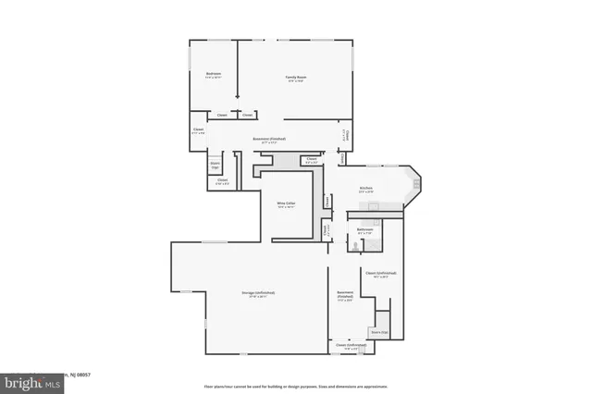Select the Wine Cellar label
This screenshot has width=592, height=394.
(x=286, y=203)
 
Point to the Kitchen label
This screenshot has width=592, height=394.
(x=366, y=189)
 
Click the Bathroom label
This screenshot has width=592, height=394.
(x=364, y=230)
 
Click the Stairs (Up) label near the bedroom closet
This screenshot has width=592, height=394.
(x=215, y=166)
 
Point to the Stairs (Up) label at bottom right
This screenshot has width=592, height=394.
(x=379, y=331)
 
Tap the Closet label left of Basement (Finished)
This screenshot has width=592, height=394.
(x=198, y=130)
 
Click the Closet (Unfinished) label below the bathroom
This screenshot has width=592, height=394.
(x=381, y=274)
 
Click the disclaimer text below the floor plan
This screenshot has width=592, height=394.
(x=295, y=385)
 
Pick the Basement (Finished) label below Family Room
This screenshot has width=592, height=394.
(x=269, y=141)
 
